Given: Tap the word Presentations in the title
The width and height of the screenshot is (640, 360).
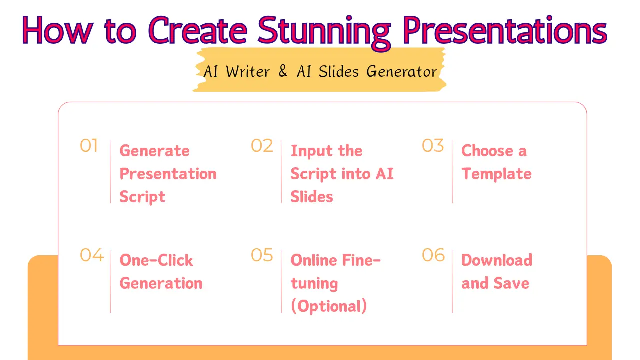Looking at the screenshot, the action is (505, 30).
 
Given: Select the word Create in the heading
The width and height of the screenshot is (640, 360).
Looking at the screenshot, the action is (197, 30).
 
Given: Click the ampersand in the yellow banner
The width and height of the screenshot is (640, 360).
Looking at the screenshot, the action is (283, 71).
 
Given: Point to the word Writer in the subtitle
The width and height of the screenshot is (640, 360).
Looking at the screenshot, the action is (247, 71).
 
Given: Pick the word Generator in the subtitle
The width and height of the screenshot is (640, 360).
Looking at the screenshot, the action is (401, 71).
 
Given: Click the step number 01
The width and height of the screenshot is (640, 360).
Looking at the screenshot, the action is (89, 145).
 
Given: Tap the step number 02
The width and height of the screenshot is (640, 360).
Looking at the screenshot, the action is (262, 145).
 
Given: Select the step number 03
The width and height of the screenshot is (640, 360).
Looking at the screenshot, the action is (433, 145).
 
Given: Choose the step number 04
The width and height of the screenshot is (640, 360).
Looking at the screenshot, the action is (91, 255).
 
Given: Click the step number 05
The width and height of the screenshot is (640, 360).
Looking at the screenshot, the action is (262, 255).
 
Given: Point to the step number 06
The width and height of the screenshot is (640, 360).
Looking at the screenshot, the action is (433, 255).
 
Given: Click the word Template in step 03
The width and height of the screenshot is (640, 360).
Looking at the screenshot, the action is (496, 174).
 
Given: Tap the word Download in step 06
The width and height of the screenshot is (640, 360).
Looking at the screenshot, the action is (497, 260).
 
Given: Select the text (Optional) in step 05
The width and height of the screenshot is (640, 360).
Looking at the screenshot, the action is (329, 306).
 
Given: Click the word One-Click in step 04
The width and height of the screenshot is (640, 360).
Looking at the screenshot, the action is (156, 260).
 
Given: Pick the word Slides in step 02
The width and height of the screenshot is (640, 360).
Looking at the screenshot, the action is (312, 197).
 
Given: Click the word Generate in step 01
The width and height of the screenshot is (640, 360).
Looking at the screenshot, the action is (155, 151).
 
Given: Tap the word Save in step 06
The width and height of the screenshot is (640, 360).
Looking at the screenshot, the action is (511, 283).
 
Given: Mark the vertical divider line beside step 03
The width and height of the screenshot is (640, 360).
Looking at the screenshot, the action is (452, 172).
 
